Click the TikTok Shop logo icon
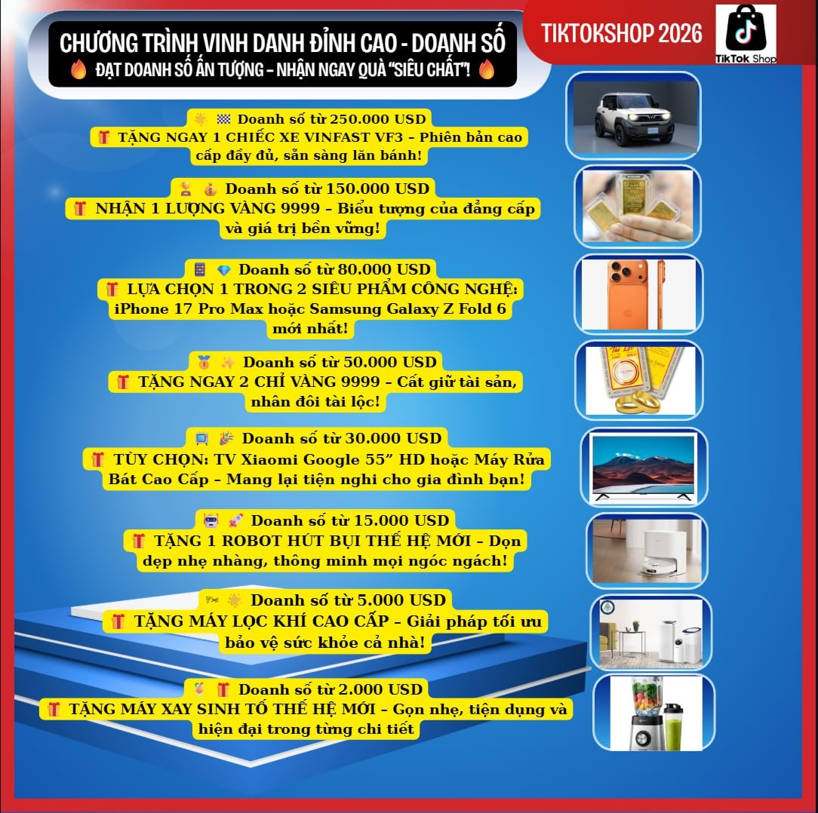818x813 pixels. pos(746,31)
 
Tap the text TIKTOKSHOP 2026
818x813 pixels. pos(622,32)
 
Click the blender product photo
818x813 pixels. pos(653,713)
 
